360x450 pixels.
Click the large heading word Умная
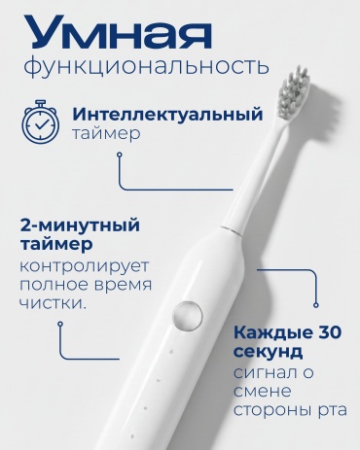point(118,33)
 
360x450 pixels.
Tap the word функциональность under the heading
point(146,66)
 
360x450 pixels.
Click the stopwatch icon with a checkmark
point(40,121)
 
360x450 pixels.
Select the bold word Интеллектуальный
point(167,115)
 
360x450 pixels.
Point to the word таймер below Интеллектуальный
point(106,134)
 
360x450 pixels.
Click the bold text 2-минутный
point(80,225)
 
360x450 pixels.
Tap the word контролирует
point(85,266)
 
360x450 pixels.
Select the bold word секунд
point(268,352)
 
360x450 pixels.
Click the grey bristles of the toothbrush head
point(294,94)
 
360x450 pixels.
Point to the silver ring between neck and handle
point(232,228)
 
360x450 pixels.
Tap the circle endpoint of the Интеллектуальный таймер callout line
point(120,155)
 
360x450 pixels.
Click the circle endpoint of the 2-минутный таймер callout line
point(60,324)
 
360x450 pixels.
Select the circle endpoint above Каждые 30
point(316,304)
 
